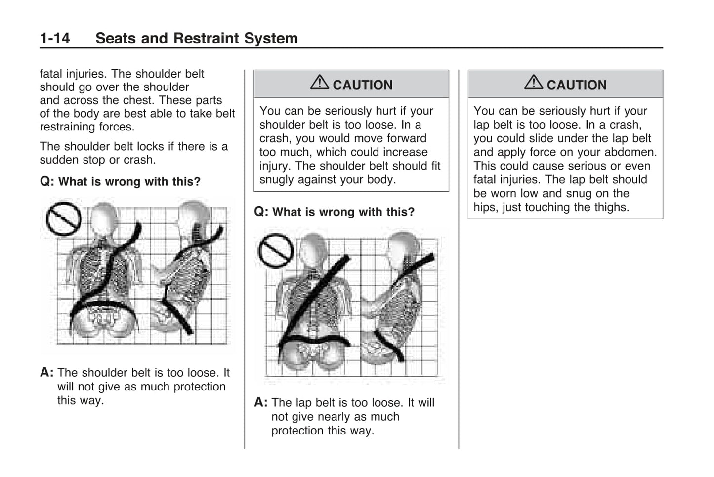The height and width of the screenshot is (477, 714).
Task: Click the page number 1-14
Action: [x=55, y=38]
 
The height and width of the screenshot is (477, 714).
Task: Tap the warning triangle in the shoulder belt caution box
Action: [x=319, y=82]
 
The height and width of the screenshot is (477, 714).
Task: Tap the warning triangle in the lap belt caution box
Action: [x=533, y=82]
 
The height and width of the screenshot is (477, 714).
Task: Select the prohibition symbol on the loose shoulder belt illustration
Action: [x=64, y=218]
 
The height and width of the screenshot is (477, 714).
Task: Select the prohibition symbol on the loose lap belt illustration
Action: [x=276, y=250]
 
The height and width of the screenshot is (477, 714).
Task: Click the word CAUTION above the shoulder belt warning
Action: [x=363, y=85]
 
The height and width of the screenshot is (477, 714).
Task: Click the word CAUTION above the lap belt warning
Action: [x=577, y=85]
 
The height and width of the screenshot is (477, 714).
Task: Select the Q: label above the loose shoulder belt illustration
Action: [x=46, y=182]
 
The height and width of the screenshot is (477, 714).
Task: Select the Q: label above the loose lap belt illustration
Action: [x=260, y=212]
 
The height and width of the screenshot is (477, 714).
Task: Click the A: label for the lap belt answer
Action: [x=260, y=403]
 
